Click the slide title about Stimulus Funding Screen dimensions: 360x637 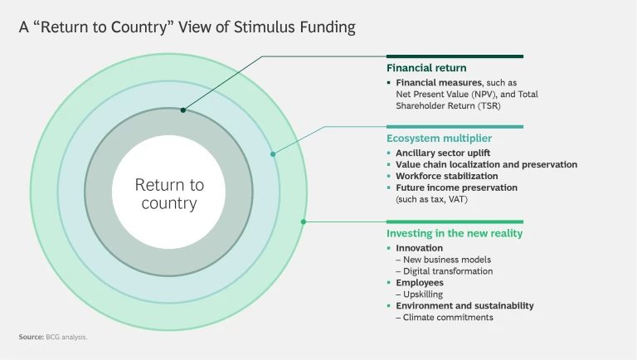(187, 27)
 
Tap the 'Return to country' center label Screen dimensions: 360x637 (169, 194)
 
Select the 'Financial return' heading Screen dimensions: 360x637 (426, 67)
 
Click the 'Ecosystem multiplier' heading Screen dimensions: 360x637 (439, 138)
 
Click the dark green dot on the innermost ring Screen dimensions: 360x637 (182, 109)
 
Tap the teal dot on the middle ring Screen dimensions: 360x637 (273, 153)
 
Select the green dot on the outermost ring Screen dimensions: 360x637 (304, 221)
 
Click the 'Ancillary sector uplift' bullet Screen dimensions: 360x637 (443, 153)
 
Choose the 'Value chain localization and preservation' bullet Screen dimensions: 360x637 (486, 164)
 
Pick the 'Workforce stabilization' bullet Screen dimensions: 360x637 (447, 176)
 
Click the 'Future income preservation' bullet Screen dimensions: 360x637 (456, 187)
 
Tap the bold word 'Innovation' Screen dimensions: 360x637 (419, 248)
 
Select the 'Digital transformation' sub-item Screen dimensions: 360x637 (448, 271)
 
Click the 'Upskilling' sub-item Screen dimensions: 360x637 (422, 294)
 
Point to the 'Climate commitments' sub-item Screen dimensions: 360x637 (448, 317)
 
